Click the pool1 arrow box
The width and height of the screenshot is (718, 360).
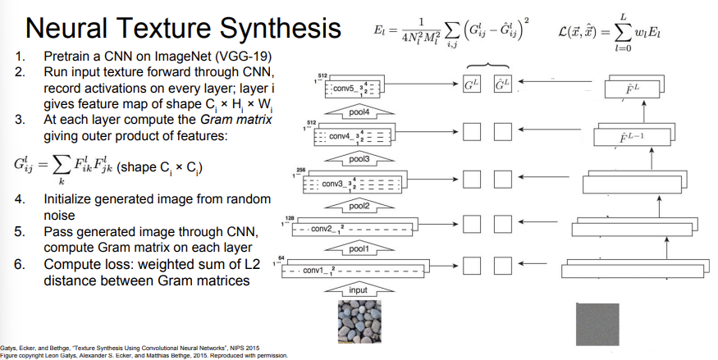(358, 248)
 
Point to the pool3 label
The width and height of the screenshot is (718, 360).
(359, 157)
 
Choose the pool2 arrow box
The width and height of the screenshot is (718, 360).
(358, 204)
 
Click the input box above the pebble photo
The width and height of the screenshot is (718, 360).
(359, 290)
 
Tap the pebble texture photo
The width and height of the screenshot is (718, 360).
(358, 322)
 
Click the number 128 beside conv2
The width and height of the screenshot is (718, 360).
(289, 217)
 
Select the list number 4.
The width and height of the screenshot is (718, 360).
(20, 198)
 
